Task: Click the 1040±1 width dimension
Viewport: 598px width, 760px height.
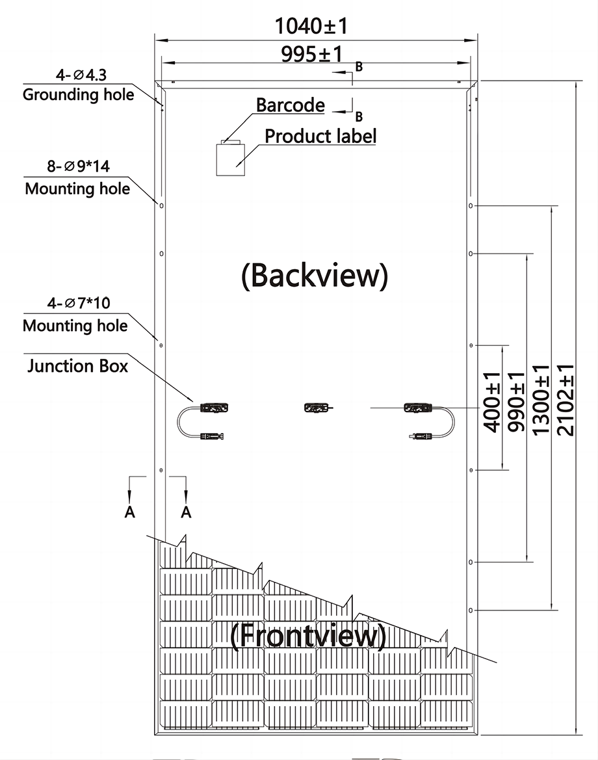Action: click(311, 26)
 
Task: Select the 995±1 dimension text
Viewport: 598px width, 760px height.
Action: click(312, 54)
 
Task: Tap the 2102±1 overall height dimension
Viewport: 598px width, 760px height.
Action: click(565, 400)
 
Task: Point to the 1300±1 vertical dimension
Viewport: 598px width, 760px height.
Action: click(541, 400)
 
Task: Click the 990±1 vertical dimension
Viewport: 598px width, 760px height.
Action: click(515, 402)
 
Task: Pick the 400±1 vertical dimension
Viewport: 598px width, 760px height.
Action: click(492, 402)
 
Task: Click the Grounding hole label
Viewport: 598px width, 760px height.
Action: click(79, 94)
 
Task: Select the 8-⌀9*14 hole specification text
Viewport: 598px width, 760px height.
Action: click(79, 166)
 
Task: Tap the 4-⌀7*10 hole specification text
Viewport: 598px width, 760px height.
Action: click(79, 303)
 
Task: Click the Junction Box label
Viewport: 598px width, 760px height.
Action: click(77, 365)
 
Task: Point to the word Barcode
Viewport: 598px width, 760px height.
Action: click(291, 105)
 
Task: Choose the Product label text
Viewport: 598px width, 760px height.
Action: click(320, 136)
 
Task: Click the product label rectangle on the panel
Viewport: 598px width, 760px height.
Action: click(230, 159)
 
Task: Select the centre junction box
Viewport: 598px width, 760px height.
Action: click(317, 408)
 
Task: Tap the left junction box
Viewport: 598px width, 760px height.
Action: click(214, 408)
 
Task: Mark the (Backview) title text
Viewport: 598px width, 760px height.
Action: click(315, 275)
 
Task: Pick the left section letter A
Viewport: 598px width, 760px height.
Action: click(129, 512)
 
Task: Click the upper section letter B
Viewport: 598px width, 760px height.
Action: click(359, 67)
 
